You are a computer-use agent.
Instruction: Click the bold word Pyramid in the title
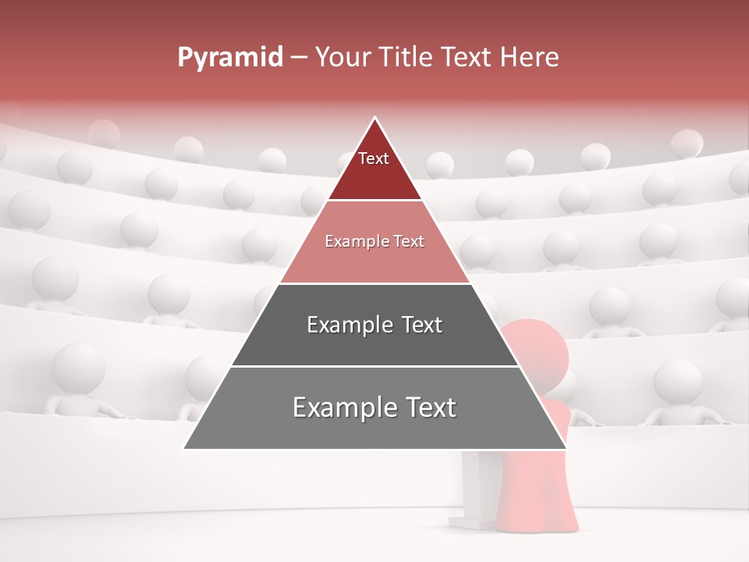[229, 58]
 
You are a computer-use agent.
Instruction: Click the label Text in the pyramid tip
[374, 158]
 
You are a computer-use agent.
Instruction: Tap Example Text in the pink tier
[374, 241]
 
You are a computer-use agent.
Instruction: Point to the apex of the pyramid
[375, 119]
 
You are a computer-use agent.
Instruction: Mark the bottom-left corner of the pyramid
[185, 448]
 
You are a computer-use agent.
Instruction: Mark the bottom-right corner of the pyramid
[566, 448]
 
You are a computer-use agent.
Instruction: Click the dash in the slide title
[299, 58]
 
